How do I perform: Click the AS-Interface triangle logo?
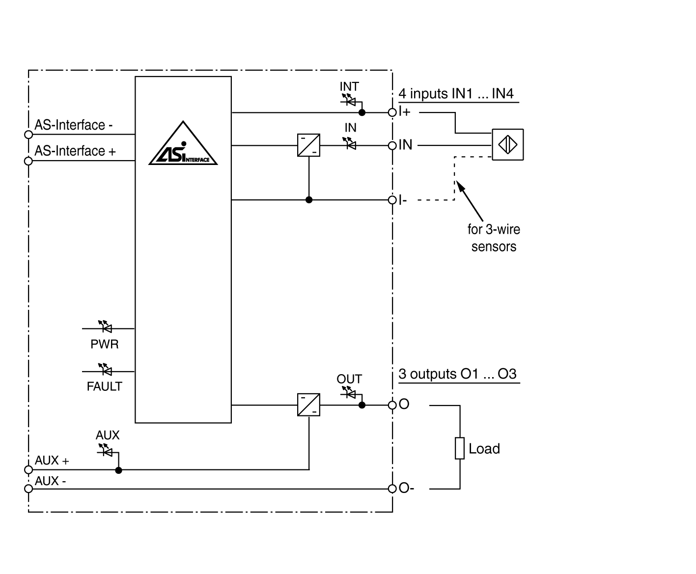pos(183,145)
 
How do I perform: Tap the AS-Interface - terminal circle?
pos(28,135)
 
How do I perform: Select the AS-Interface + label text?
pos(75,151)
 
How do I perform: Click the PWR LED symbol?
pos(105,327)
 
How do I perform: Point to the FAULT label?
pos(104,386)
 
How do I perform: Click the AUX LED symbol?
pos(105,451)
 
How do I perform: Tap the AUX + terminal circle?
pos(28,470)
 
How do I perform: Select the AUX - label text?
pos(51,481)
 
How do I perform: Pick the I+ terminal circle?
pos(392,112)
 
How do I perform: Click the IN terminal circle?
pos(392,146)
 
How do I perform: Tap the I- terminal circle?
pos(392,200)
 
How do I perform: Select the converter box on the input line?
pos(308,145)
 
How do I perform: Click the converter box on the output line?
pos(308,405)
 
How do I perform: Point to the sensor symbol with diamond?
pos(507,144)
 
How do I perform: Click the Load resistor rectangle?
pos(460,448)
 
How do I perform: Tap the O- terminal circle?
pos(392,489)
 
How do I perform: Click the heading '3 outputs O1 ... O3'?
pos(457,374)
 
